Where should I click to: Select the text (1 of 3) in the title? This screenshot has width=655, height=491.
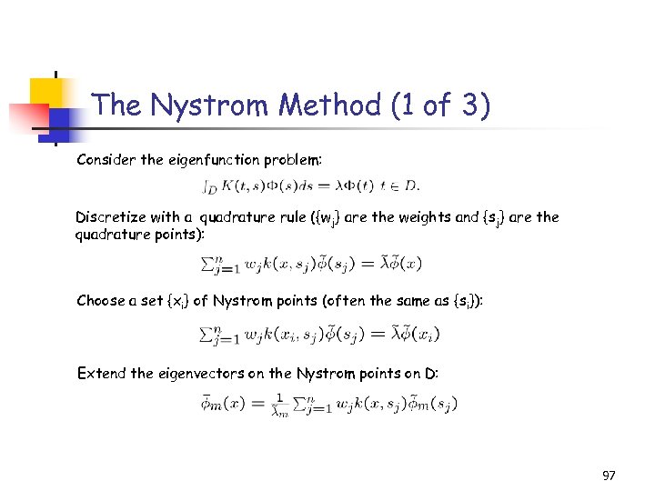tap(440, 105)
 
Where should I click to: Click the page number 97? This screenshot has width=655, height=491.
tap(609, 476)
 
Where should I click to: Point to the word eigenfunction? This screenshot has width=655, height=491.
tap(214, 160)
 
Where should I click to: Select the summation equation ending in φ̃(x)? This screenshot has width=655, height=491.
tap(310, 264)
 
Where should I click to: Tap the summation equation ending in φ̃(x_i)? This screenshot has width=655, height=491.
tap(319, 334)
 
